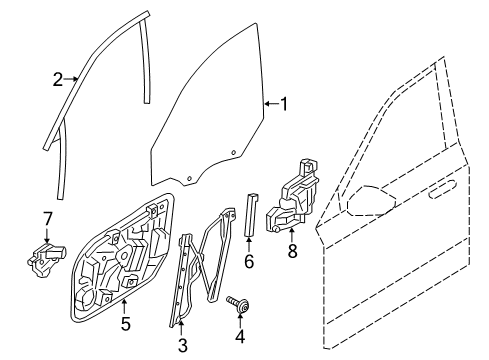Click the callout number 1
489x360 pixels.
coord(284,103)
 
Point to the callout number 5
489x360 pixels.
coord(125,322)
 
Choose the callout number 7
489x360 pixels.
coord(47,218)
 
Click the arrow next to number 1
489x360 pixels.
coord(270,103)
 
